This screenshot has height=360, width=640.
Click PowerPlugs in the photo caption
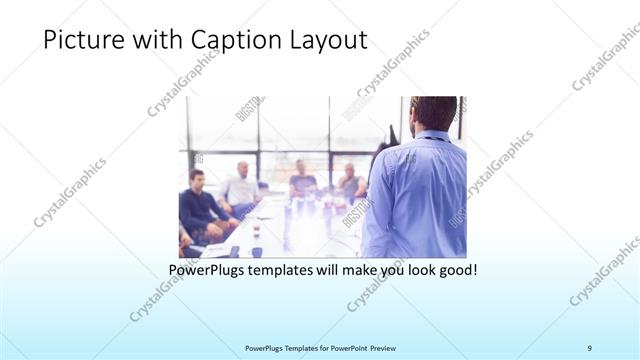tap(208, 270)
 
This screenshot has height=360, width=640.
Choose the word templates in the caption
tap(289, 270)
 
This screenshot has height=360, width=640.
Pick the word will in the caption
tap(340, 270)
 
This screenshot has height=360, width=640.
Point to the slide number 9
tap(590, 347)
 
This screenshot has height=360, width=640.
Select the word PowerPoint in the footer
tap(345, 347)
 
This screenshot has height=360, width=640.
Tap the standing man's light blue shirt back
tap(416, 195)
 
